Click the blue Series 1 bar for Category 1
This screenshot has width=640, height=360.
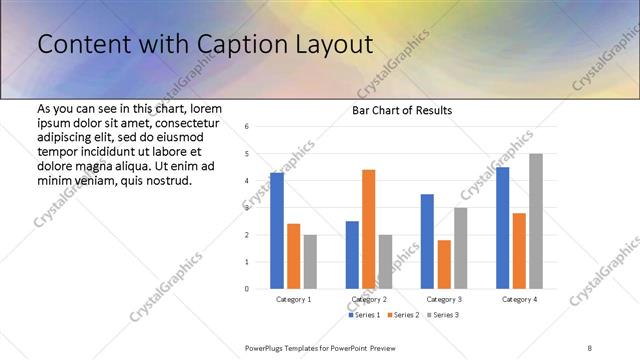coord(277,231)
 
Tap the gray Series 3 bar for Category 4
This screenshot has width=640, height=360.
coord(535,221)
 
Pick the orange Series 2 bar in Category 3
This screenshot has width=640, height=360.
coord(444,264)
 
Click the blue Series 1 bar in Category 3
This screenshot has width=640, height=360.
coord(427,241)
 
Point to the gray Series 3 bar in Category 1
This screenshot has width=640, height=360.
coord(310,262)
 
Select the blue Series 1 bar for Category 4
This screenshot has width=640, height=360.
coord(502,228)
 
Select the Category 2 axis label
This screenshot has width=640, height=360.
coord(368,299)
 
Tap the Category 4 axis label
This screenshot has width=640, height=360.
coord(519,299)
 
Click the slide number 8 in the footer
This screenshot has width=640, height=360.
coord(590,347)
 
